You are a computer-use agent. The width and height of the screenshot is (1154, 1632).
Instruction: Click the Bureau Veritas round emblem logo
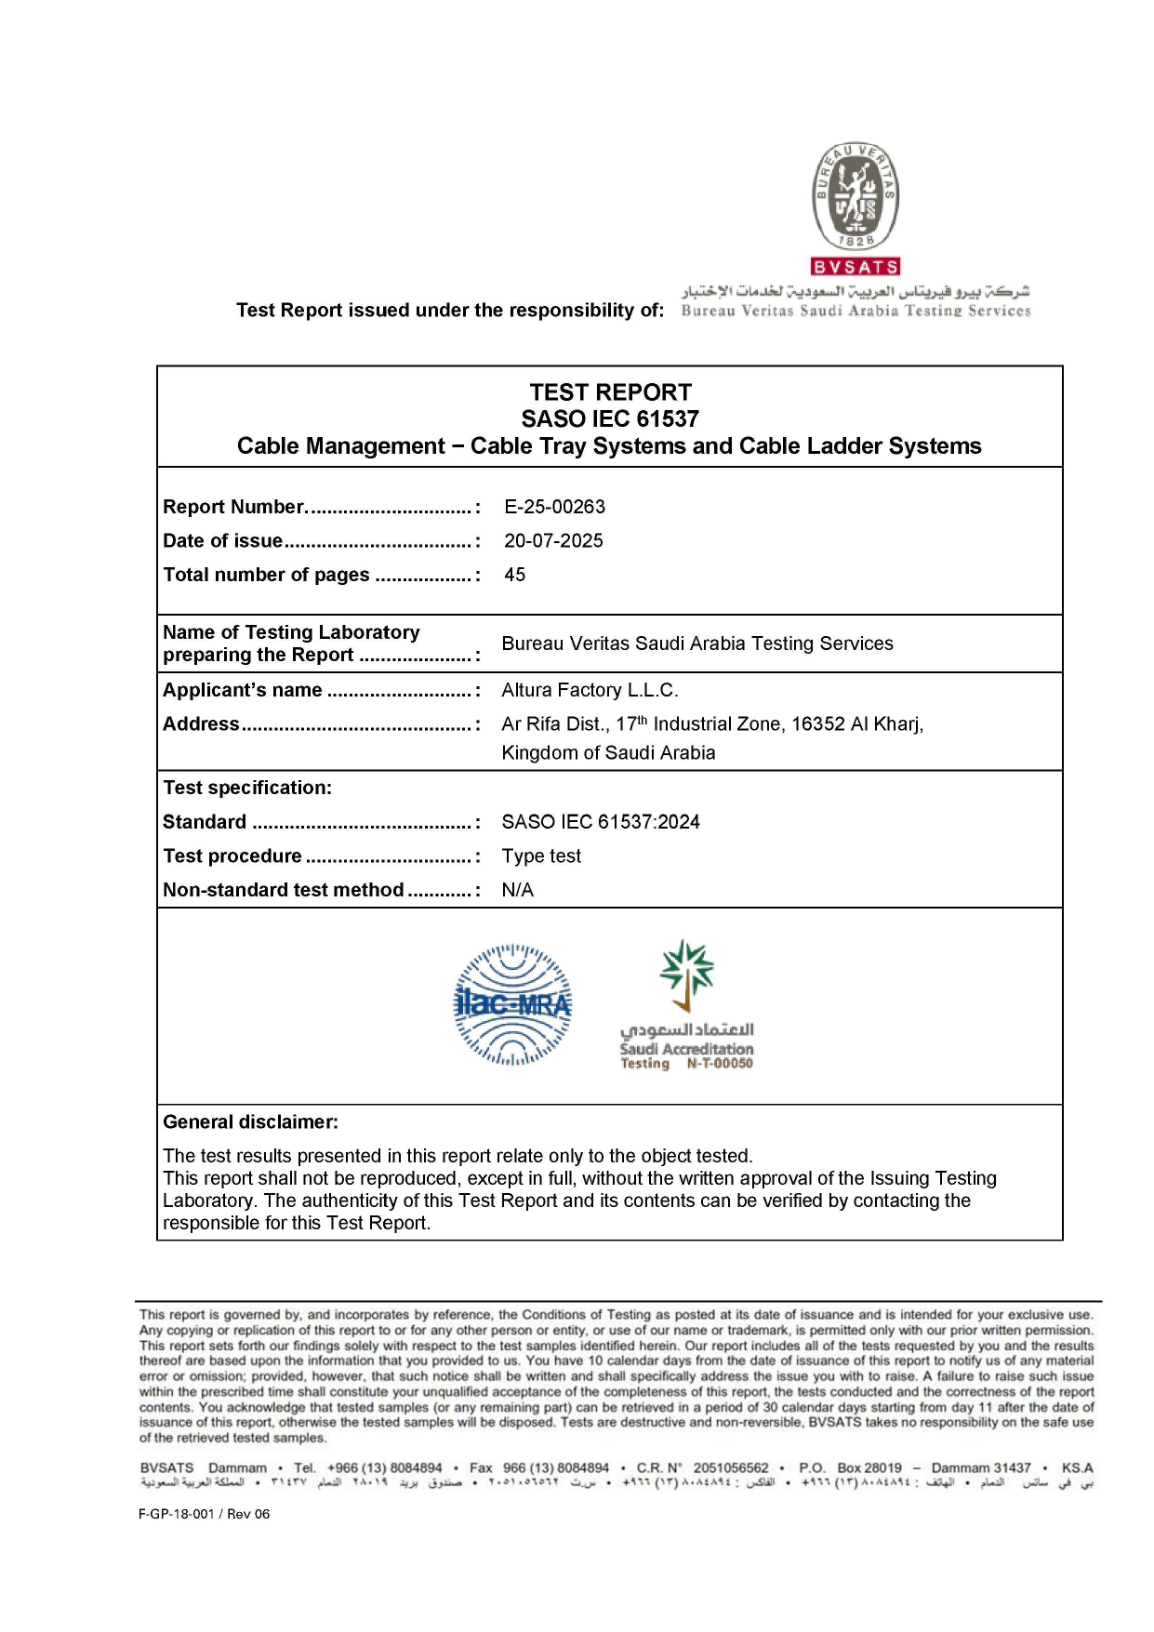click(x=856, y=196)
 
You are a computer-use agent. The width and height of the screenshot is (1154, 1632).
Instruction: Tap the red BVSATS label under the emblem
click(x=856, y=267)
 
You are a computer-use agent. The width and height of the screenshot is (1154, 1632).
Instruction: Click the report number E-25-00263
click(x=554, y=507)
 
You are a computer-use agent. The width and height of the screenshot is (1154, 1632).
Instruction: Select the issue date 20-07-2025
click(x=553, y=541)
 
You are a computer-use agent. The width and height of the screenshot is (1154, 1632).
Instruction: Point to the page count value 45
click(x=514, y=575)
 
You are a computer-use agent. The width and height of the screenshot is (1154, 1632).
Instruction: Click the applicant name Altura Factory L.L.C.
click(x=590, y=690)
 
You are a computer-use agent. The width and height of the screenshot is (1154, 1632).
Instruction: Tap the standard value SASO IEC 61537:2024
click(x=600, y=822)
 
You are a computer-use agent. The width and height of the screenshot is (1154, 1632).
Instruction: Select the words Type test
click(x=541, y=856)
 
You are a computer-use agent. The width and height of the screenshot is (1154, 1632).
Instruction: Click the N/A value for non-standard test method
click(x=517, y=891)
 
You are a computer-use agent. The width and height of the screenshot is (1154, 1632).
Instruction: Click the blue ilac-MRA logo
click(x=512, y=1004)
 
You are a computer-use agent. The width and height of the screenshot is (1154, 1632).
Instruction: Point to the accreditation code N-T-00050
click(x=720, y=1064)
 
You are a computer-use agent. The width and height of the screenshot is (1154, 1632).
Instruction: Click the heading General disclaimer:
click(x=250, y=1122)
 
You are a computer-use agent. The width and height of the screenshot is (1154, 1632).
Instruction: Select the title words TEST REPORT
click(x=610, y=392)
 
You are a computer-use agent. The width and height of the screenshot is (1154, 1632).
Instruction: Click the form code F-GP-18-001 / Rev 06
click(x=204, y=1514)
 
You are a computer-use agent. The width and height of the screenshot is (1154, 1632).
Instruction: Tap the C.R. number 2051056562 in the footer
click(x=731, y=1468)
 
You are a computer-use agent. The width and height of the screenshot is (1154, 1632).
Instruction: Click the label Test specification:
click(x=247, y=788)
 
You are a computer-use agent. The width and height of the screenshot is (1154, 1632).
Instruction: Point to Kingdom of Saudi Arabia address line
click(x=608, y=753)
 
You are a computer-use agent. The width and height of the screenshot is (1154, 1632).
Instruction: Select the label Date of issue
click(x=223, y=541)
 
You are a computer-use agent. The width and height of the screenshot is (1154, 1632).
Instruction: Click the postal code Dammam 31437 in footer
click(x=980, y=1468)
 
